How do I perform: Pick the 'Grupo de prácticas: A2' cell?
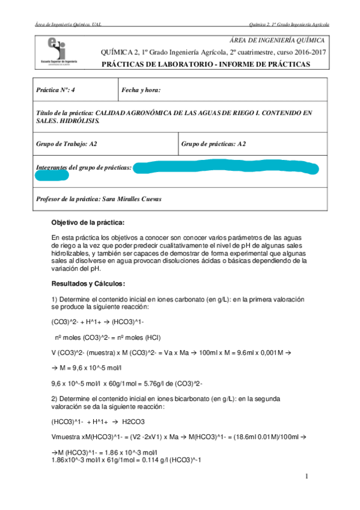pyautogui.click(x=213, y=144)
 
